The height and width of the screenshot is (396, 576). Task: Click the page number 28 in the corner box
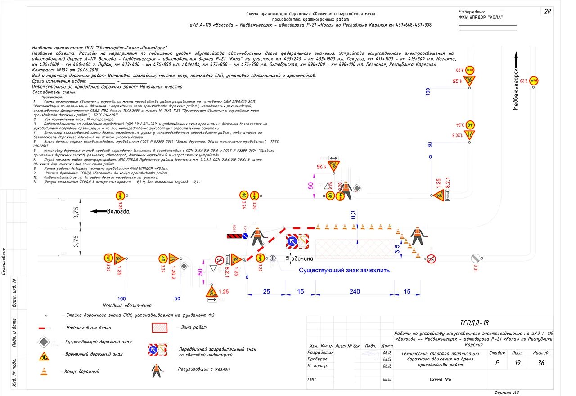[x=547, y=12]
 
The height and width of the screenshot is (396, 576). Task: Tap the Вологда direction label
[x=118, y=211]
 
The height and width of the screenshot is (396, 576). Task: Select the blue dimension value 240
[x=355, y=292]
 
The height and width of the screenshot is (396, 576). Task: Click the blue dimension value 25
[x=266, y=292]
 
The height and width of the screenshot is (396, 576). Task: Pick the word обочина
[x=301, y=259]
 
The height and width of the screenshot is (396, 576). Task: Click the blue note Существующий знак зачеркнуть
[x=344, y=270]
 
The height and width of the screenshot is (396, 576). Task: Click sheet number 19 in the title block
[x=517, y=363]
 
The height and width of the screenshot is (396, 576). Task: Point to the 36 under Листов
[x=541, y=363]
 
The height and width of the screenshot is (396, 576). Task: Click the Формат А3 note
[x=506, y=392]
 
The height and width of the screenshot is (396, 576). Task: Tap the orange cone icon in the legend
[x=44, y=372]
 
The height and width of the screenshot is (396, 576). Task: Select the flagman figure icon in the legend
[x=156, y=370]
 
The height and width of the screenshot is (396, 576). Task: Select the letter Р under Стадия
[x=497, y=363]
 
